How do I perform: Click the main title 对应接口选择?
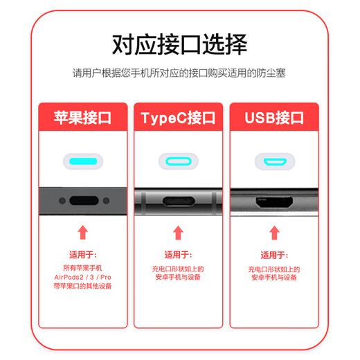tap(179, 44)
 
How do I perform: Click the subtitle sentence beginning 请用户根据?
tap(179, 73)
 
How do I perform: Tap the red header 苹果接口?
tap(83, 117)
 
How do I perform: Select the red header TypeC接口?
tap(178, 117)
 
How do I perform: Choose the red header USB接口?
tap(274, 117)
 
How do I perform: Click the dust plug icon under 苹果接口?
tap(83, 162)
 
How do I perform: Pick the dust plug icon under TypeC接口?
tap(178, 162)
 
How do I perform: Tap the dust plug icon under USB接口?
tap(274, 162)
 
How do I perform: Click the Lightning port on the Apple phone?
tap(83, 201)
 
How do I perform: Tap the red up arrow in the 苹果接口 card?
tap(83, 232)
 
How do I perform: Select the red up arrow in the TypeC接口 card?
tap(178, 232)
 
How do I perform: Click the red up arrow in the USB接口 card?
tap(274, 232)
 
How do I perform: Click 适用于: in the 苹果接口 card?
tap(83, 254)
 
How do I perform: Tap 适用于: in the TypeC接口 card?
tap(178, 254)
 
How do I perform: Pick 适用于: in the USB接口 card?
tap(274, 254)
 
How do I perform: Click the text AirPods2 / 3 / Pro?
tap(83, 277)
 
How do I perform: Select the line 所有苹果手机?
tap(83, 268)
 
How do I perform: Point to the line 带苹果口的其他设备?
tap(83, 286)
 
